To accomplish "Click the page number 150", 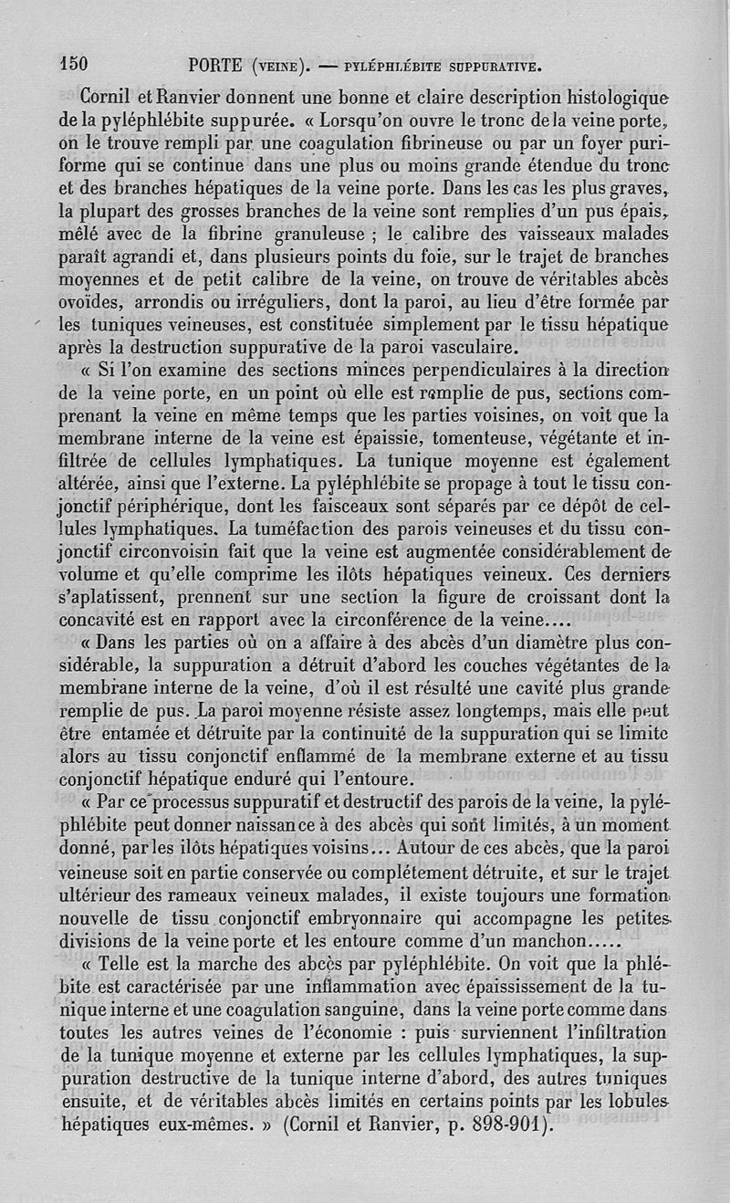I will click(73, 63).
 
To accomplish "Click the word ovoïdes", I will click(96, 301).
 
